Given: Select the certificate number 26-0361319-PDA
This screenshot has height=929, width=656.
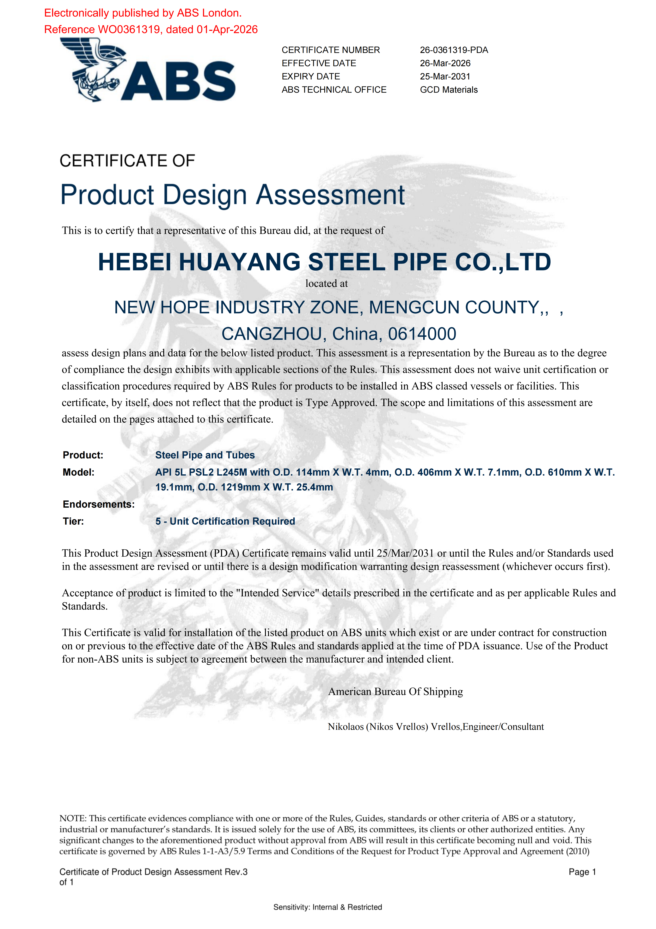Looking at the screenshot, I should pyautogui.click(x=454, y=50).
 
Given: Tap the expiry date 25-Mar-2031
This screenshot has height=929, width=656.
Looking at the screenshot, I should pyautogui.click(x=445, y=77).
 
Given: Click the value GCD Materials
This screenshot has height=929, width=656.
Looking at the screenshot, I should pyautogui.click(x=448, y=90).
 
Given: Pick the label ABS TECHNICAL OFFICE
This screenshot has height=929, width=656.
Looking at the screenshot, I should pyautogui.click(x=334, y=90).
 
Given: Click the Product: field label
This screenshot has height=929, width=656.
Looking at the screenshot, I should pyautogui.click(x=83, y=455).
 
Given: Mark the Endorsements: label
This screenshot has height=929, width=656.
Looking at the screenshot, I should pyautogui.click(x=99, y=505).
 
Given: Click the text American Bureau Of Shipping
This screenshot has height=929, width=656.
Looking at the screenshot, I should pyautogui.click(x=395, y=692).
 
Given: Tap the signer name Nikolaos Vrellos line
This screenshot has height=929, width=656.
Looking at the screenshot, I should pyautogui.click(x=436, y=727).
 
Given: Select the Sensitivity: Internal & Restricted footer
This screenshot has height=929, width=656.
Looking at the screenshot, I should pyautogui.click(x=328, y=907).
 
